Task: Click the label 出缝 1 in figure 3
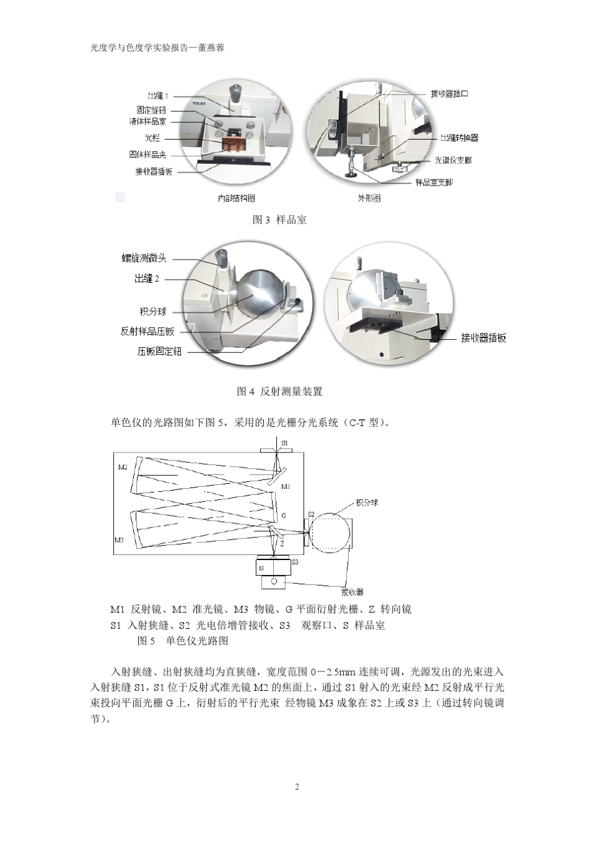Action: (x=158, y=96)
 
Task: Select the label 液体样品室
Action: (x=148, y=121)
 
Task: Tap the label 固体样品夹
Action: (x=148, y=155)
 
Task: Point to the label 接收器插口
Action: (x=449, y=93)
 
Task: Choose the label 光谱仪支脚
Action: (x=453, y=160)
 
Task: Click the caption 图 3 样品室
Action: (x=279, y=220)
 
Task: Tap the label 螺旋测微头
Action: (x=144, y=258)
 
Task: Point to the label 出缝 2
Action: (x=147, y=278)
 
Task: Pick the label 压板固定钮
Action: (x=159, y=352)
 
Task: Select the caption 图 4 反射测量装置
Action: (x=279, y=391)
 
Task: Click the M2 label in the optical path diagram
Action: (x=123, y=467)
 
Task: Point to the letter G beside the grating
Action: (x=284, y=516)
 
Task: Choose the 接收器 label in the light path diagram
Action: (x=352, y=591)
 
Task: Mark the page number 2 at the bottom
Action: (x=297, y=787)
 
